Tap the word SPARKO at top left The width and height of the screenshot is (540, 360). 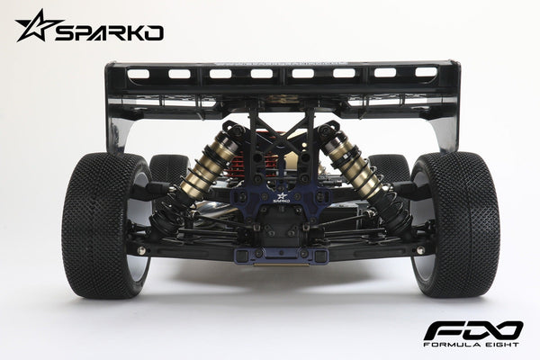[109, 33]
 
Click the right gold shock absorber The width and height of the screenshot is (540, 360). [353, 166]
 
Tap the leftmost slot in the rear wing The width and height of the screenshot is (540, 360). [139, 74]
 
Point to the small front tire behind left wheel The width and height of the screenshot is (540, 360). [168, 168]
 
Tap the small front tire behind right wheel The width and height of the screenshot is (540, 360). [390, 168]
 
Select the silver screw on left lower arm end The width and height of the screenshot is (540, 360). [141, 251]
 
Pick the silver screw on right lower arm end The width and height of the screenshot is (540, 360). [419, 250]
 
